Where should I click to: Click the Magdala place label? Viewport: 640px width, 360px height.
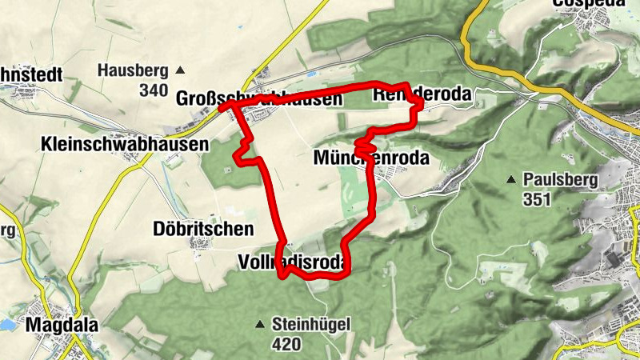coord(56,325)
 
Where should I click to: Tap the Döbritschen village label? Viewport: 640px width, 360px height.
coord(202,229)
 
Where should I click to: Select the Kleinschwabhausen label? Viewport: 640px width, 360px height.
coord(123,144)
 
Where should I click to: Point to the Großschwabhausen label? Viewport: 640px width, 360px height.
coord(258,99)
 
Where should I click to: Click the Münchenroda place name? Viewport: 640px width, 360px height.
coord(372,158)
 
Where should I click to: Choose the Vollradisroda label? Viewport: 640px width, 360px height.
coord(294,262)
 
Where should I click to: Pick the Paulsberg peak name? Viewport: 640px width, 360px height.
coord(560,179)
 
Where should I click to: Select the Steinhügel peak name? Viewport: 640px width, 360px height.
coord(311,325)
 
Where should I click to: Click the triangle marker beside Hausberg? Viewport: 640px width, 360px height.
coord(180,70)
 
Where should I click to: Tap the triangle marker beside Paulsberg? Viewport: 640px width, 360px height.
coord(511,179)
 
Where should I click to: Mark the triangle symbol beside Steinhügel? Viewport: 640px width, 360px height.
coord(259,325)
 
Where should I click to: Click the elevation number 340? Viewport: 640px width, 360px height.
coord(153,90)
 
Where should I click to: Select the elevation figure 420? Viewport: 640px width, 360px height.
coord(286,345)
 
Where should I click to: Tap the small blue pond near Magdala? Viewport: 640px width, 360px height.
coord(6,326)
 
